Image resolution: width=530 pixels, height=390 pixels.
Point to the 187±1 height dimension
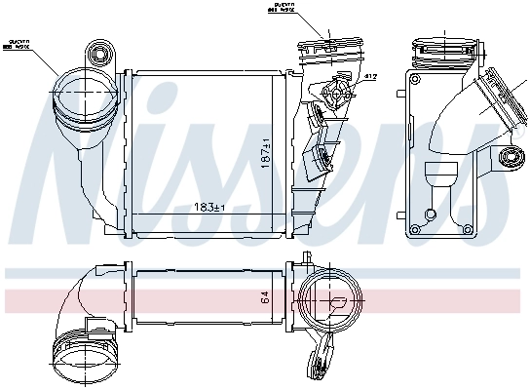265,152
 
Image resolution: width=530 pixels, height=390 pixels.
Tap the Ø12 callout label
370,76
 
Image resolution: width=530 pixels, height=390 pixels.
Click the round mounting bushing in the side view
506,158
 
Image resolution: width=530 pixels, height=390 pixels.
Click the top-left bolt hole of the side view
414,79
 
